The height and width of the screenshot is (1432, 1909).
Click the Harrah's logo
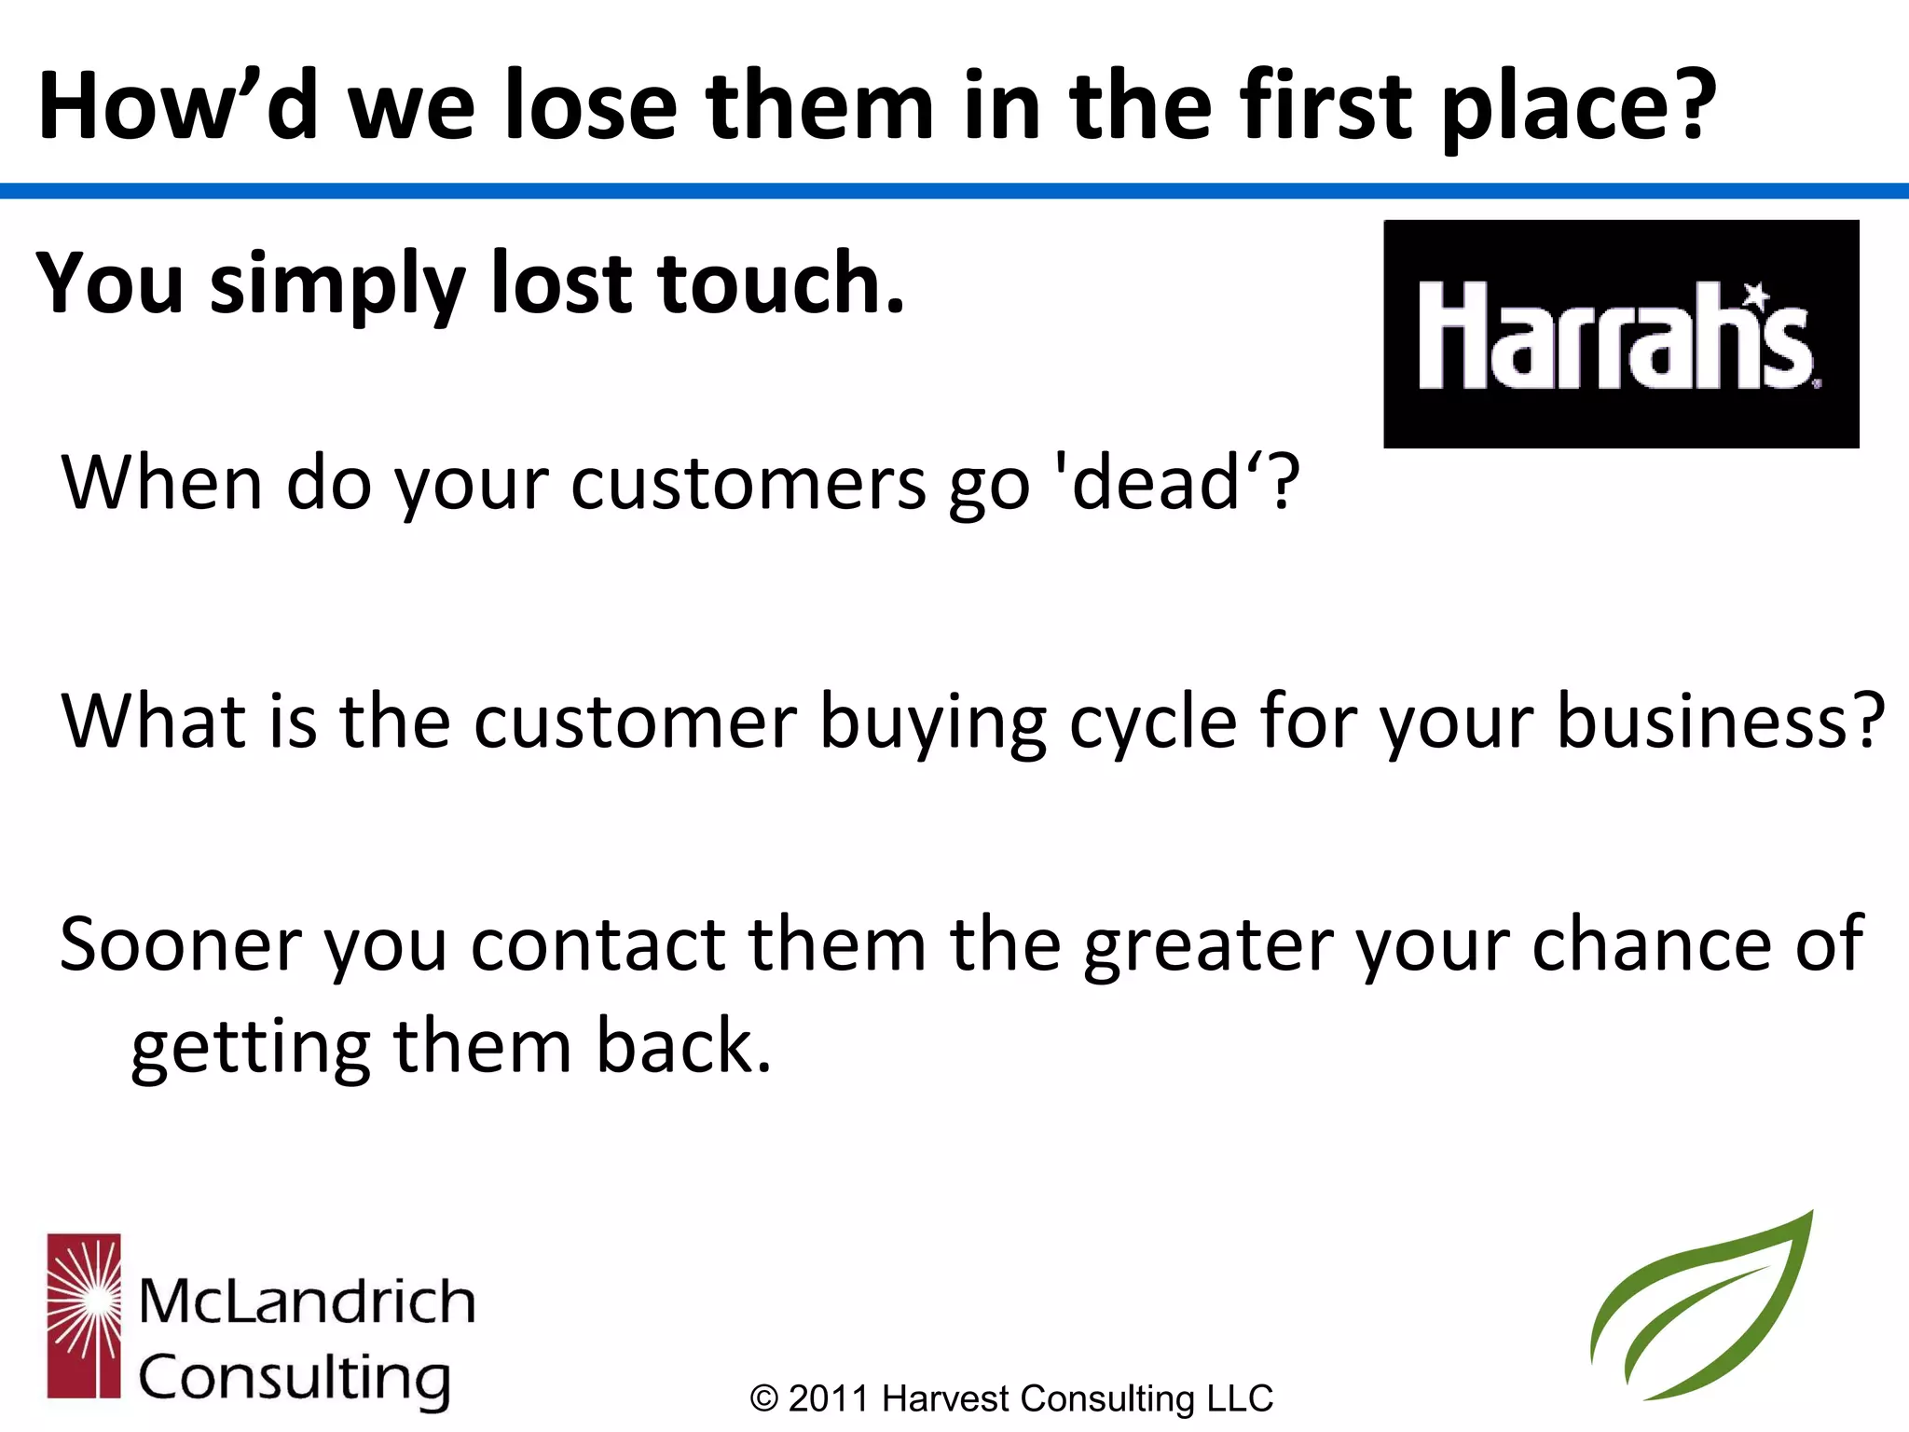[1620, 334]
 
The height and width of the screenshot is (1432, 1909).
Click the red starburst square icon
[84, 1315]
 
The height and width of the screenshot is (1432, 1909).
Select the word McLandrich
[307, 1301]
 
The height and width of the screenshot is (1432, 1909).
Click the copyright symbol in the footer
[763, 1399]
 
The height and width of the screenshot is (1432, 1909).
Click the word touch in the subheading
[781, 283]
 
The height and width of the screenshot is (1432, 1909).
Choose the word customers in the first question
[748, 484]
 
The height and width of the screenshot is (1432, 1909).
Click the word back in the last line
[683, 1046]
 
